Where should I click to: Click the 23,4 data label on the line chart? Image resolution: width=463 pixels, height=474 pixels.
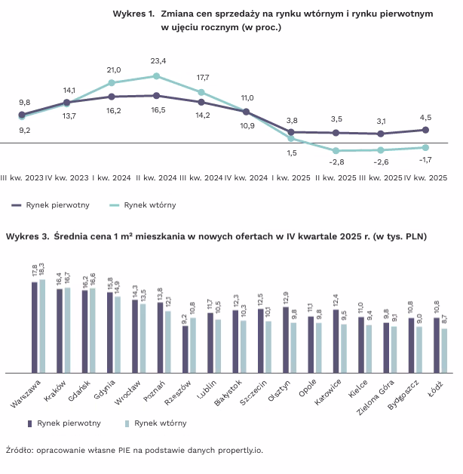tap(158, 60)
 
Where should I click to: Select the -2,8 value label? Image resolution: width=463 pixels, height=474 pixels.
tap(336, 162)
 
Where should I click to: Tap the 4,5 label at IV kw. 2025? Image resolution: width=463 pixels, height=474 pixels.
tap(425, 117)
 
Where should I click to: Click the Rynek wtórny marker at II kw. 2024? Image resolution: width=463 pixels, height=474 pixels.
tap(156, 75)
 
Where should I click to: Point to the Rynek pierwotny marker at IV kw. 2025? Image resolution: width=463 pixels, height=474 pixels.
tap(425, 130)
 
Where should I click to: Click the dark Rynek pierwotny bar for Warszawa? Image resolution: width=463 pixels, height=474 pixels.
tap(34, 327)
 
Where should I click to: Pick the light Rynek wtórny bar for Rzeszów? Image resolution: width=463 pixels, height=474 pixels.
tap(193, 345)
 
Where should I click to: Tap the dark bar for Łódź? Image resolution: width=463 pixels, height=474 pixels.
tap(437, 345)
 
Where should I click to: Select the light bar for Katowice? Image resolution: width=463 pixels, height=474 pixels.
tap(344, 348)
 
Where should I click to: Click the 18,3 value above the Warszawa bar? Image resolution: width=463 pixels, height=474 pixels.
tap(42, 271)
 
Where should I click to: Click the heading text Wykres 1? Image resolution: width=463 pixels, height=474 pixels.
tap(133, 14)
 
